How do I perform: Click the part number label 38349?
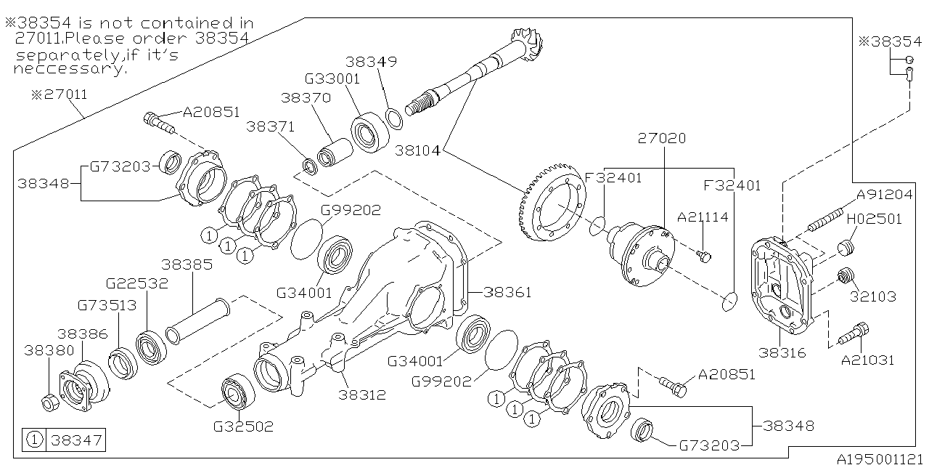(x=371, y=62)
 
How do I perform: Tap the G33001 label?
(x=332, y=79)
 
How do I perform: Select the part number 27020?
(x=661, y=138)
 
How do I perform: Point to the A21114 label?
(x=703, y=217)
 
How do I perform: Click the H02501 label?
(x=875, y=218)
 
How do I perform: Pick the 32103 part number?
(x=876, y=296)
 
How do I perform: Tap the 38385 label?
(x=187, y=264)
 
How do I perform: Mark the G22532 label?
(x=136, y=283)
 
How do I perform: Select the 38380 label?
(x=49, y=349)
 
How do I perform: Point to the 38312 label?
(x=361, y=395)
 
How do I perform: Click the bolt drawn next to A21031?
(x=851, y=335)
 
